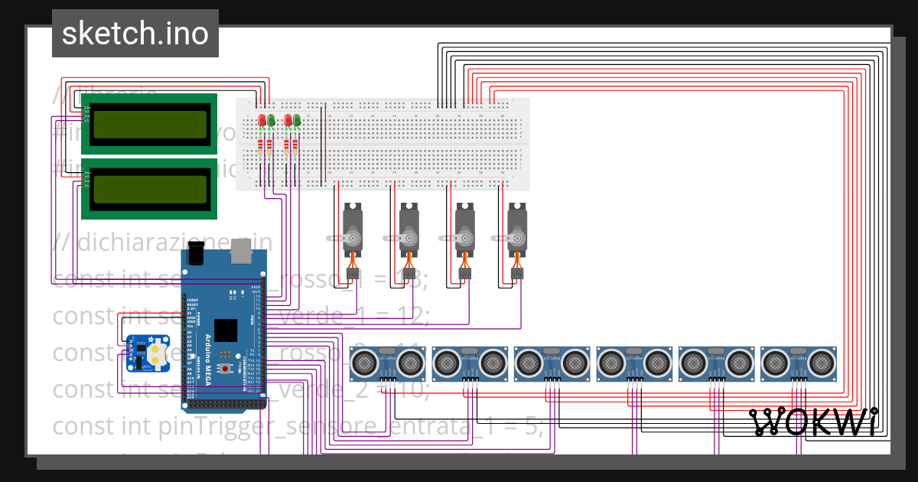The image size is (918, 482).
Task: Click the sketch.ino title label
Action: click(135, 34)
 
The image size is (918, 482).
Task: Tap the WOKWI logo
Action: click(814, 422)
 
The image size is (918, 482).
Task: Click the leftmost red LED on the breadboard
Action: click(262, 120)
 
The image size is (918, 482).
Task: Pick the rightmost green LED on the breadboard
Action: click(297, 120)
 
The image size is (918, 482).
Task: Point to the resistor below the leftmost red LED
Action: click(261, 146)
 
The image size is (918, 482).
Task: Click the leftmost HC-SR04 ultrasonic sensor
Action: click(388, 361)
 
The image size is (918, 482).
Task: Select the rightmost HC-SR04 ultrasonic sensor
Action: click(799, 361)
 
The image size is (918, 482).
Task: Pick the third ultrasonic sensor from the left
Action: click(552, 361)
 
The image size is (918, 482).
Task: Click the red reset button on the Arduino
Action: click(226, 368)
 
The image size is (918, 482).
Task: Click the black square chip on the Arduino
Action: click(226, 330)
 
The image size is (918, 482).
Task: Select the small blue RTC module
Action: click(148, 353)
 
